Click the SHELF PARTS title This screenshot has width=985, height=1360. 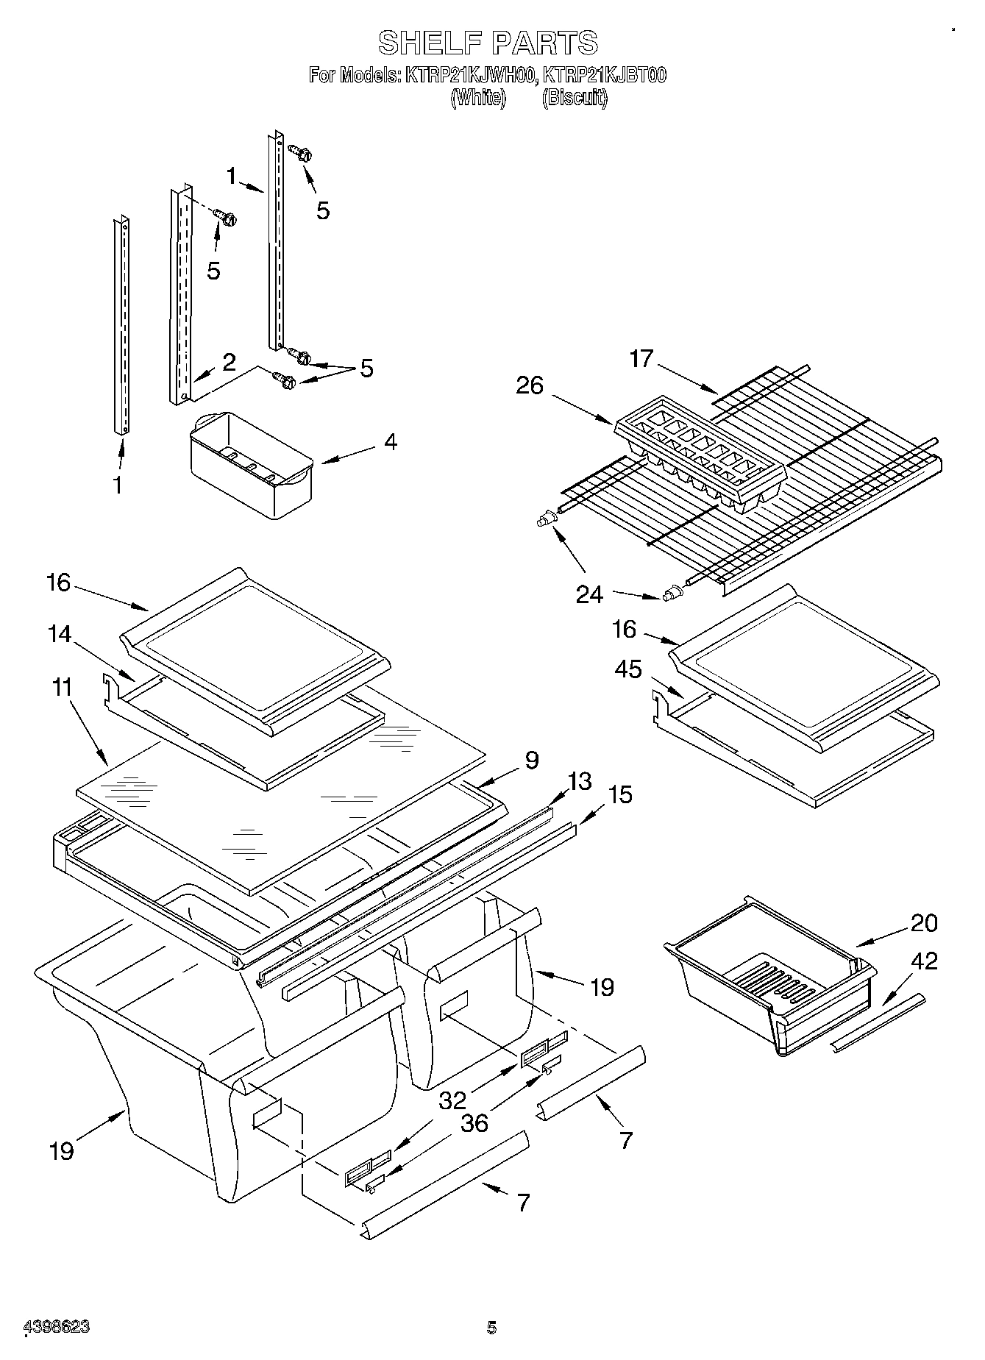click(488, 43)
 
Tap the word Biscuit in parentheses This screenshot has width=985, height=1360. click(575, 98)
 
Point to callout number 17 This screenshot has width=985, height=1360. click(641, 359)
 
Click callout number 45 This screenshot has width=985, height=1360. click(628, 669)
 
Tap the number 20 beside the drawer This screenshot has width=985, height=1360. click(924, 923)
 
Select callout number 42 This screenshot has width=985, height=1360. click(925, 961)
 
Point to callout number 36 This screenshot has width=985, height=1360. click(474, 1123)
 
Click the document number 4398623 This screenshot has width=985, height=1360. click(57, 1328)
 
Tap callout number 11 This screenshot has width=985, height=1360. click(63, 688)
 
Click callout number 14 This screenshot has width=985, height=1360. click(60, 635)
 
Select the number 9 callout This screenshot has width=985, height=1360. click(532, 760)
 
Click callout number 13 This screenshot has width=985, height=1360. click(580, 781)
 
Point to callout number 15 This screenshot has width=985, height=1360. click(620, 794)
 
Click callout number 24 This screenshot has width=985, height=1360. click(588, 594)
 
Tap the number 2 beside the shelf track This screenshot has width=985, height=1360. click(229, 361)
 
